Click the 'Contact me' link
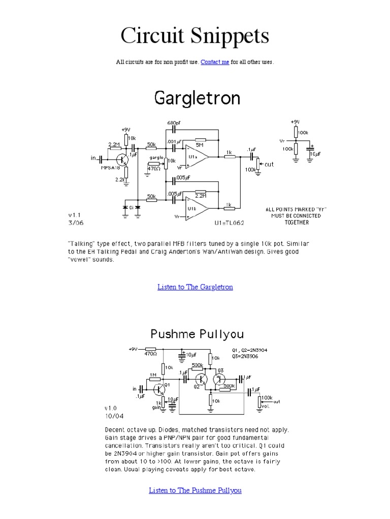pyautogui.click(x=215, y=62)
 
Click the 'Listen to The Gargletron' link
pyautogui.click(x=195, y=287)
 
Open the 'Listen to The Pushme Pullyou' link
pyautogui.click(x=195, y=490)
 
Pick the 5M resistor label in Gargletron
pyautogui.click(x=200, y=144)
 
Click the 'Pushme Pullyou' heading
pyautogui.click(x=197, y=334)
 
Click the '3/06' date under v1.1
pyautogui.click(x=75, y=221)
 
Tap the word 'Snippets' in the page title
pyautogui.click(x=229, y=36)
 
